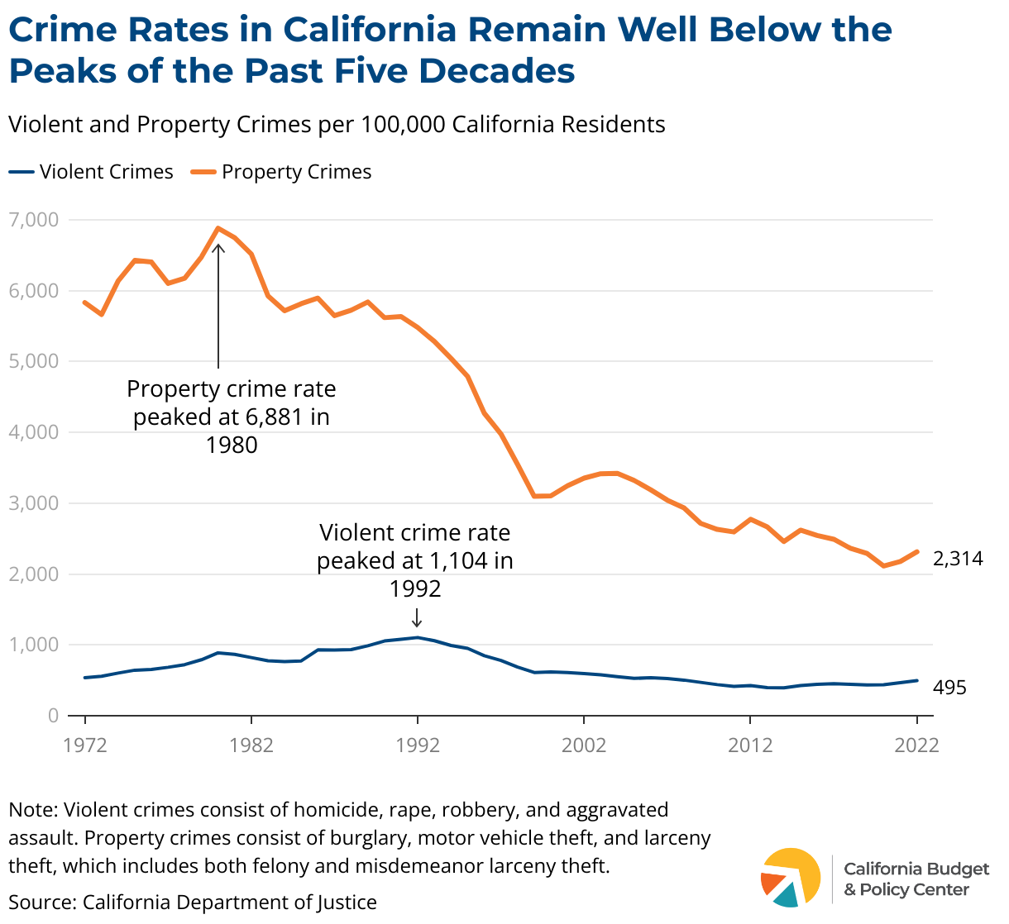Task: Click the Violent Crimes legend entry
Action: pyautogui.click(x=92, y=172)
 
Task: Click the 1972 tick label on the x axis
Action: pyautogui.click(x=85, y=745)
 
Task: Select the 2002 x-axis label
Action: pyautogui.click(x=584, y=745)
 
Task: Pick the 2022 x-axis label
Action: pyautogui.click(x=916, y=745)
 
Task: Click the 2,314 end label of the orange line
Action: pyautogui.click(x=958, y=559)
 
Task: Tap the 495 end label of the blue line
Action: pyautogui.click(x=949, y=688)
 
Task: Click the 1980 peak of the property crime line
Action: pyautogui.click(x=218, y=228)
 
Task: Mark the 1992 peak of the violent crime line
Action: pyautogui.click(x=418, y=637)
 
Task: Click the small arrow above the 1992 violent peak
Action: pyautogui.click(x=417, y=617)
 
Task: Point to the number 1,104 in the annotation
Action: pyautogui.click(x=459, y=560)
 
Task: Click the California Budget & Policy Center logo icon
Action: pyautogui.click(x=790, y=877)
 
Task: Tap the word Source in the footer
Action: pyautogui.click(x=41, y=902)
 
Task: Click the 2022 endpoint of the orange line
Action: pyautogui.click(x=916, y=551)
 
